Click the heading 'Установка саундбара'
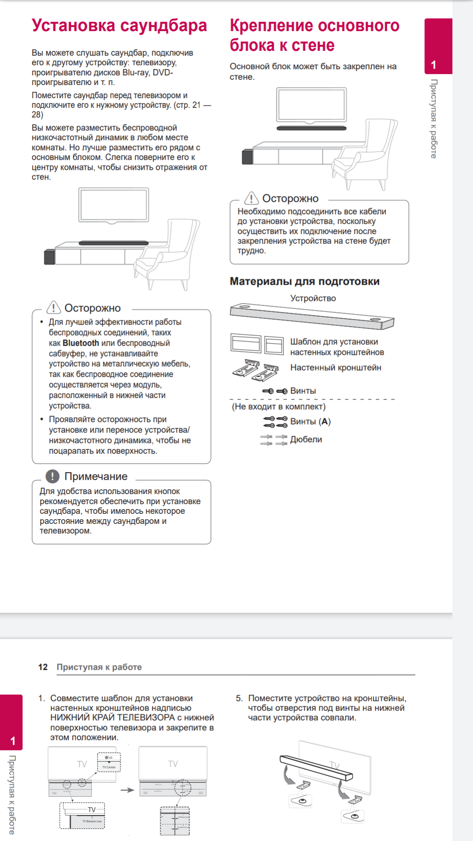click(x=119, y=25)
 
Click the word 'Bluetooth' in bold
click(x=81, y=343)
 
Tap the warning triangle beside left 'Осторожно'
click(x=53, y=307)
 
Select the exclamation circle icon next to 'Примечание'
click(x=53, y=476)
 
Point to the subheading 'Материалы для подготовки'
click(x=304, y=281)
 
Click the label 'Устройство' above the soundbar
click(x=313, y=298)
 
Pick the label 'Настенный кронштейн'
click(x=335, y=367)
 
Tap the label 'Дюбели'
click(x=306, y=439)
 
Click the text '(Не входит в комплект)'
click(x=279, y=406)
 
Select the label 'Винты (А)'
click(x=310, y=421)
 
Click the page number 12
click(x=43, y=667)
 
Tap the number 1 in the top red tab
click(x=434, y=65)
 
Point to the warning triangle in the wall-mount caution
click(x=251, y=198)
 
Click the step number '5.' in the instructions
click(x=239, y=698)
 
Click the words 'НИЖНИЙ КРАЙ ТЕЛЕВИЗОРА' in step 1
click(x=113, y=717)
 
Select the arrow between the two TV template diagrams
click(x=127, y=790)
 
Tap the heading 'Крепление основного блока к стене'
click(x=314, y=35)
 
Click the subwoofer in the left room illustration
click(x=49, y=257)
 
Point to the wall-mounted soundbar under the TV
click(x=311, y=128)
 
